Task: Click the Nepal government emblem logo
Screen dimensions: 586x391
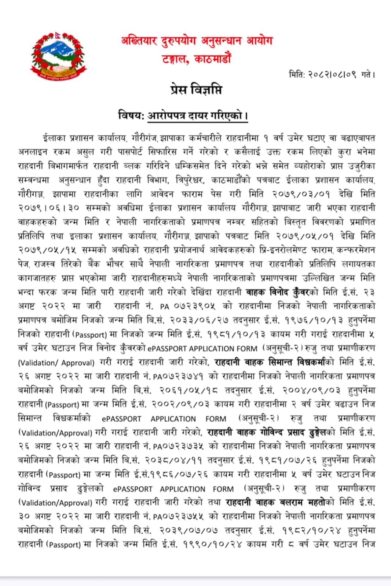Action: (x=59, y=55)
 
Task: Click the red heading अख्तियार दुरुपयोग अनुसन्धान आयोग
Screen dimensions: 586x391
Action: (x=197, y=41)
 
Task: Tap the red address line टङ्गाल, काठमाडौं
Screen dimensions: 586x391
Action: (x=197, y=59)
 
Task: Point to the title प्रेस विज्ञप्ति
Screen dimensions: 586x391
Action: (x=196, y=90)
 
